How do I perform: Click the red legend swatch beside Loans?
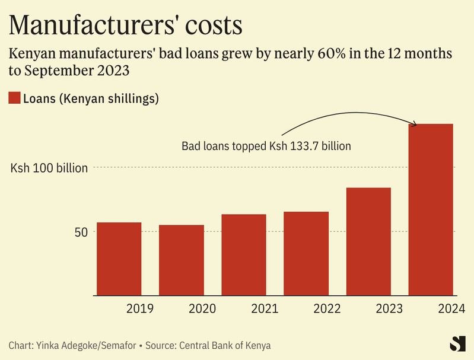(x=14, y=98)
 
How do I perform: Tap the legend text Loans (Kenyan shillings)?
(x=91, y=98)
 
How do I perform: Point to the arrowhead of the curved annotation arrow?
(x=415, y=125)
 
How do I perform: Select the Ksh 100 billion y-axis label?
(x=49, y=168)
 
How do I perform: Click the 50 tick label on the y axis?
(x=81, y=232)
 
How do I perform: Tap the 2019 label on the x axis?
(x=140, y=309)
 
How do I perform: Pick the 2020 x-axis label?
(x=202, y=309)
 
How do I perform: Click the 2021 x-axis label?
(x=265, y=309)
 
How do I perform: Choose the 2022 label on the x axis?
(x=327, y=309)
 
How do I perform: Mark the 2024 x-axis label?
(x=451, y=309)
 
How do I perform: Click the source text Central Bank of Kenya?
(x=231, y=345)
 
